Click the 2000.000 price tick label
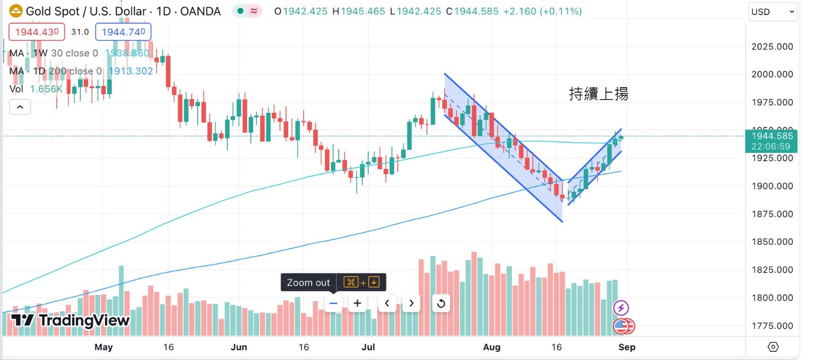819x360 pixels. (772, 74)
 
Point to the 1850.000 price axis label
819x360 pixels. (772, 242)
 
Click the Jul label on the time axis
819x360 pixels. (368, 347)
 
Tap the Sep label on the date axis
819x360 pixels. (627, 347)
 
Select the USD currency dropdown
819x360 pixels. (772, 12)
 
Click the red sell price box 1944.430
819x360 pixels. (37, 32)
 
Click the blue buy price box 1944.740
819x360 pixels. (123, 32)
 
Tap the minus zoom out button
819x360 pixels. (333, 303)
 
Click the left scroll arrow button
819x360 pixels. (387, 303)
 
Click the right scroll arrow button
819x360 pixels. (412, 303)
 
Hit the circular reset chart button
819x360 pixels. (441, 304)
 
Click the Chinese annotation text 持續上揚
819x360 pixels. (598, 94)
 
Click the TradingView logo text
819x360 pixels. (71, 321)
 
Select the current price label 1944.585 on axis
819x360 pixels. (771, 136)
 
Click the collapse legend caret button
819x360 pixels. (20, 107)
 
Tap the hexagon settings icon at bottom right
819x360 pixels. (773, 347)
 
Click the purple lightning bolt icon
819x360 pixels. (621, 308)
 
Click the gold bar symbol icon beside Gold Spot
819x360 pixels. (16, 11)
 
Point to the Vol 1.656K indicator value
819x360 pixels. (46, 89)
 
